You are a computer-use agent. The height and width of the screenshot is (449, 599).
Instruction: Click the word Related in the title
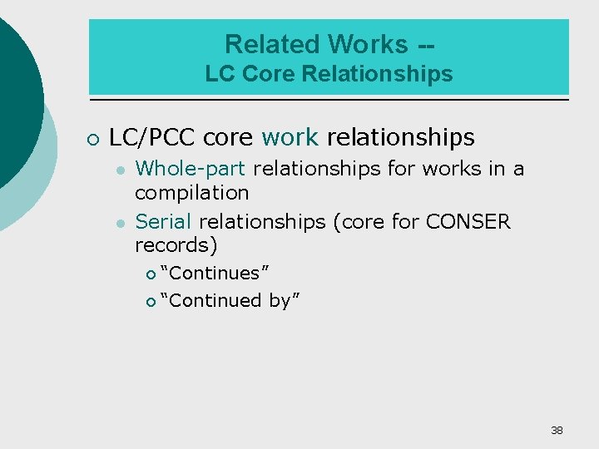[x=272, y=43]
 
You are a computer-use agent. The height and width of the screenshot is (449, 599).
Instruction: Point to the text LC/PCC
[x=152, y=137]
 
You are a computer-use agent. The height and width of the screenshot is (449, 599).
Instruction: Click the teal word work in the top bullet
[x=290, y=137]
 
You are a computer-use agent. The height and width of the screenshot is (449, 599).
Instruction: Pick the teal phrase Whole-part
[x=191, y=169]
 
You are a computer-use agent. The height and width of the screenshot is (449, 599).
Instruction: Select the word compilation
[x=192, y=193]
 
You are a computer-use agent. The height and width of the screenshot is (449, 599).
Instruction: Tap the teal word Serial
[x=164, y=222]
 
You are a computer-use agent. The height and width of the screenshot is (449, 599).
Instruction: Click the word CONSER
[x=468, y=222]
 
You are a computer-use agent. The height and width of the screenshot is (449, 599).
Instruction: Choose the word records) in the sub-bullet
[x=176, y=245]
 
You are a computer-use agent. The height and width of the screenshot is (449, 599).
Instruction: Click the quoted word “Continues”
[x=214, y=273]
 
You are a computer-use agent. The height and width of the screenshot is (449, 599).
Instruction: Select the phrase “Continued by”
[x=230, y=300]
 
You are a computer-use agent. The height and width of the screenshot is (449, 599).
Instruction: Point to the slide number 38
[x=557, y=430]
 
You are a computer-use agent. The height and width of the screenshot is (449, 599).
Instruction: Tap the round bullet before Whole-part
[x=121, y=170]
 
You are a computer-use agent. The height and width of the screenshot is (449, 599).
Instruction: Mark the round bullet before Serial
[x=121, y=223]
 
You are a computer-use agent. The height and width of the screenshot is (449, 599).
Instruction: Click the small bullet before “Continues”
[x=151, y=274]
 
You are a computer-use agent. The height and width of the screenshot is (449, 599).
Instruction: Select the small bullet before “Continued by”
[x=151, y=301]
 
